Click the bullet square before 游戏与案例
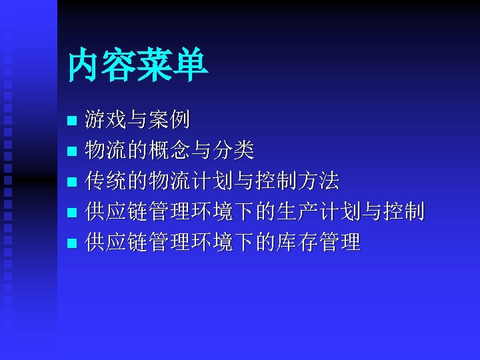(x=73, y=121)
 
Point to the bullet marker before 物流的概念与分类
(x=73, y=152)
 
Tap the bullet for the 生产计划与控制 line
(x=73, y=213)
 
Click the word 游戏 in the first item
(x=107, y=120)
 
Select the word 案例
(x=170, y=120)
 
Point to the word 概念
(x=170, y=151)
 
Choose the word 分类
(x=233, y=151)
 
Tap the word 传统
(x=107, y=181)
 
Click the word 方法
(x=318, y=181)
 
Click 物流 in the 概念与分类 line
(x=107, y=151)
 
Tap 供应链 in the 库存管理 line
(x=117, y=243)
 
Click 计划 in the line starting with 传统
(x=212, y=181)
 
